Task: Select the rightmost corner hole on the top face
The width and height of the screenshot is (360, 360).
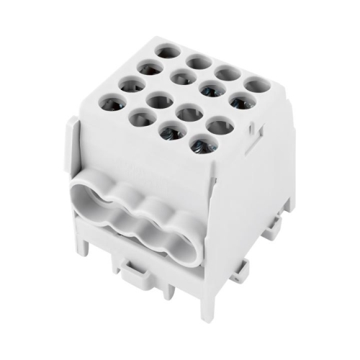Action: pos(256,86)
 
